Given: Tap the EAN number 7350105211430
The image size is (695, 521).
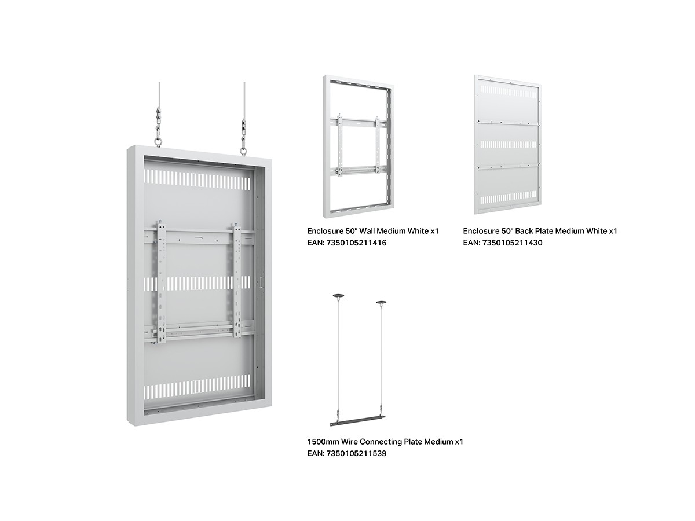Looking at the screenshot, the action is [x=512, y=243].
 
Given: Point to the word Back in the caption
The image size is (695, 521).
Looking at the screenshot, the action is [x=522, y=231].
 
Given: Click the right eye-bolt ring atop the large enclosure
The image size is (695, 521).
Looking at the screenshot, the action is [x=243, y=152].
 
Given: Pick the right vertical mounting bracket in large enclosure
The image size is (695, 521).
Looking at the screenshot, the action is [x=237, y=281].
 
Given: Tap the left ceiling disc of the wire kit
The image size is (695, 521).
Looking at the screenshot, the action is [x=338, y=295].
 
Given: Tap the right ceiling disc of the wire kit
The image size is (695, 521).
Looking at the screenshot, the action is [x=381, y=303].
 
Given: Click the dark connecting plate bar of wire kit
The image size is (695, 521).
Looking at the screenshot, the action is [x=357, y=421].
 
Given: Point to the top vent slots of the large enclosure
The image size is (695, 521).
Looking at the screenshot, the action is [x=196, y=179].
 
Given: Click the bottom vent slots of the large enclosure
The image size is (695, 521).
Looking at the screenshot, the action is [x=197, y=388].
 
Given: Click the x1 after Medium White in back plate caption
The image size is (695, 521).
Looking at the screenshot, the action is [x=613, y=231].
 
